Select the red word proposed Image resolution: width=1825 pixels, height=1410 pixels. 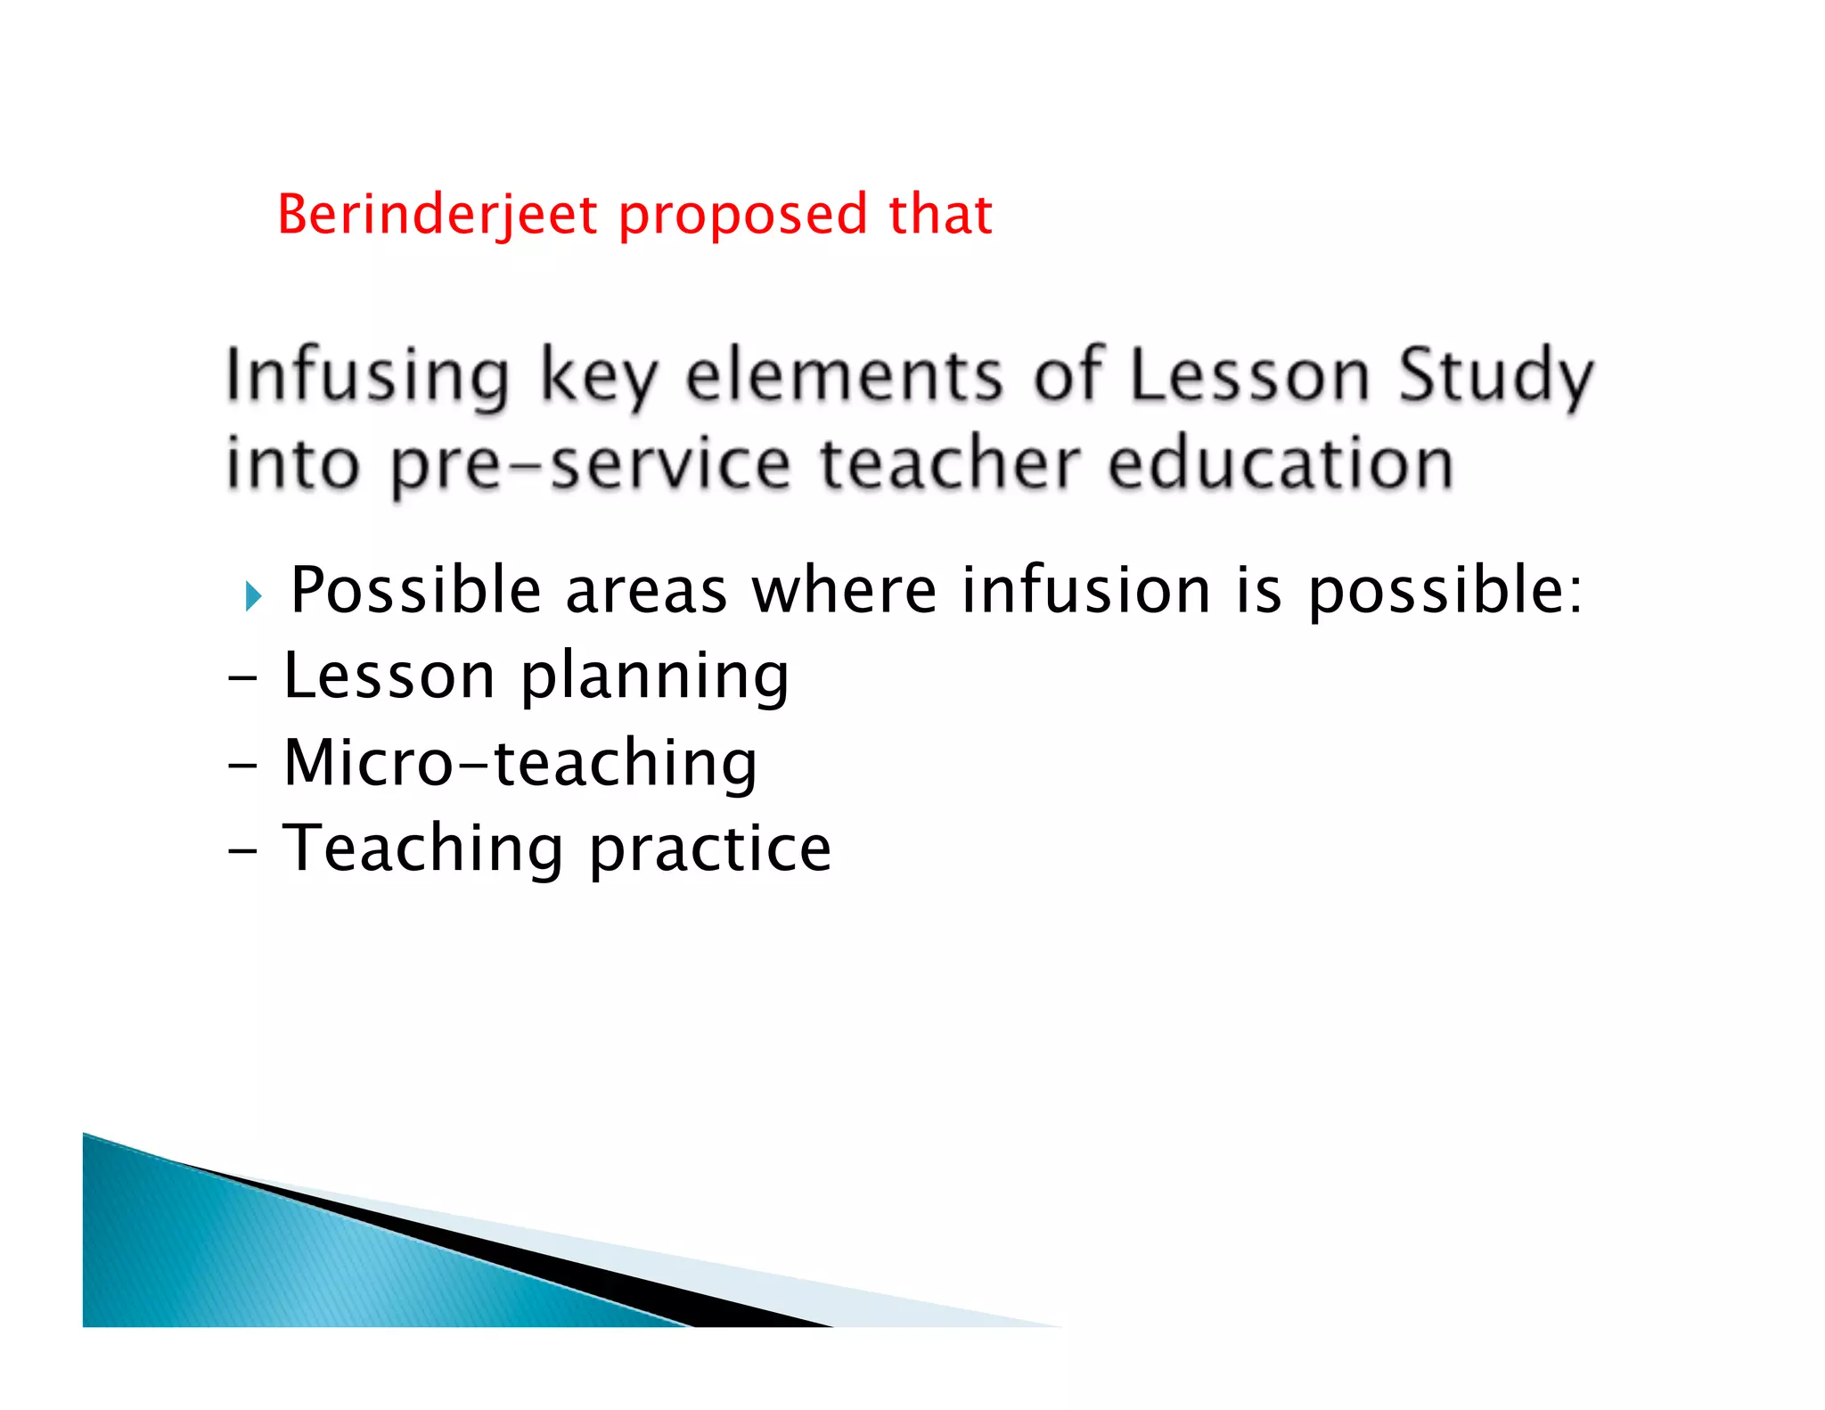742,217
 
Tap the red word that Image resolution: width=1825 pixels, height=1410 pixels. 940,215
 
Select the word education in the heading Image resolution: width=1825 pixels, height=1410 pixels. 1281,464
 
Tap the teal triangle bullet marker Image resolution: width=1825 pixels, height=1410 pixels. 253,595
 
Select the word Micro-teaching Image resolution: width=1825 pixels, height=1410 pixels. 520,763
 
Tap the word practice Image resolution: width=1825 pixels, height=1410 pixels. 710,849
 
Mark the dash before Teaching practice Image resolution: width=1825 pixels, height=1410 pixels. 241,851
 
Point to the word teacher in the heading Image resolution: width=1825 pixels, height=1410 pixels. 950,464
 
